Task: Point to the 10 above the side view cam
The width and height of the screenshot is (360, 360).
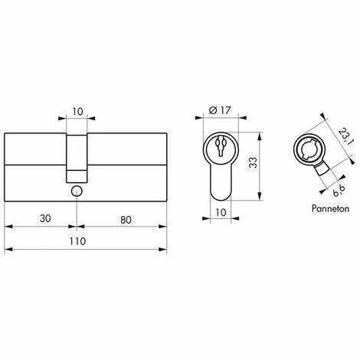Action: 77,112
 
